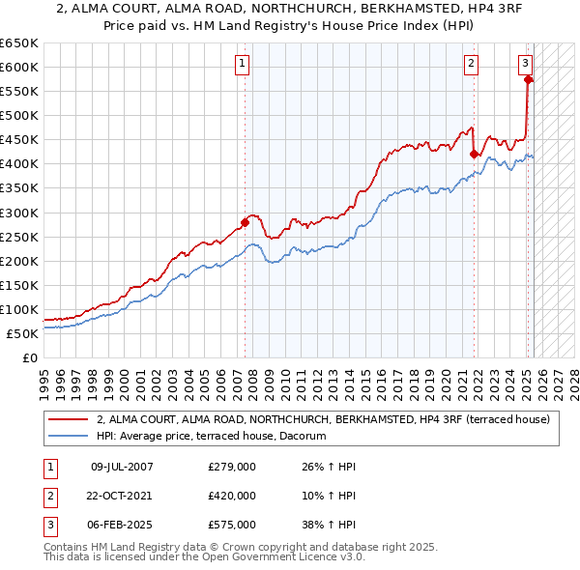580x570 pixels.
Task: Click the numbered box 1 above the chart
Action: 241,65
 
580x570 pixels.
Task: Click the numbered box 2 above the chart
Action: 471,65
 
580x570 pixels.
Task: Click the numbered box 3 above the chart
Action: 524,65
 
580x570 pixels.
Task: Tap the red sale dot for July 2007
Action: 245,222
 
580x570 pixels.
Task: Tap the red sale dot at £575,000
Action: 528,79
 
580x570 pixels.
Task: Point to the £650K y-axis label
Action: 19,43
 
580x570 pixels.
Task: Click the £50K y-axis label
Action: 23,333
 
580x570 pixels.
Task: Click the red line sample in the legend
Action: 68,419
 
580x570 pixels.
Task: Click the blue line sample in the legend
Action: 68,437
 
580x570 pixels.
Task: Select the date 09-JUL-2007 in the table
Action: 122,467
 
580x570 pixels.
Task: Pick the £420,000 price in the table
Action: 232,496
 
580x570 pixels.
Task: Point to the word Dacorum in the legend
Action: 302,437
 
